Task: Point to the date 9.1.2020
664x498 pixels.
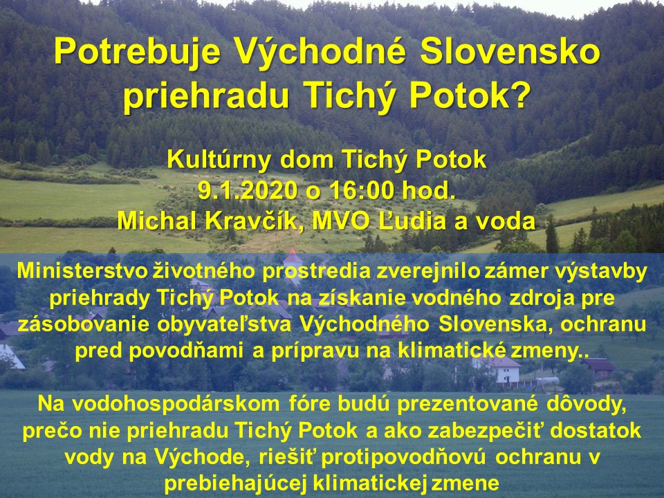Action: click(x=248, y=191)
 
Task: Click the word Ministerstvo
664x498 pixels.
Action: click(x=82, y=271)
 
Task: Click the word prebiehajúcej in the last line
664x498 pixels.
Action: click(x=235, y=484)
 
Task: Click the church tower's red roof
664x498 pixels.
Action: click(x=293, y=257)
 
